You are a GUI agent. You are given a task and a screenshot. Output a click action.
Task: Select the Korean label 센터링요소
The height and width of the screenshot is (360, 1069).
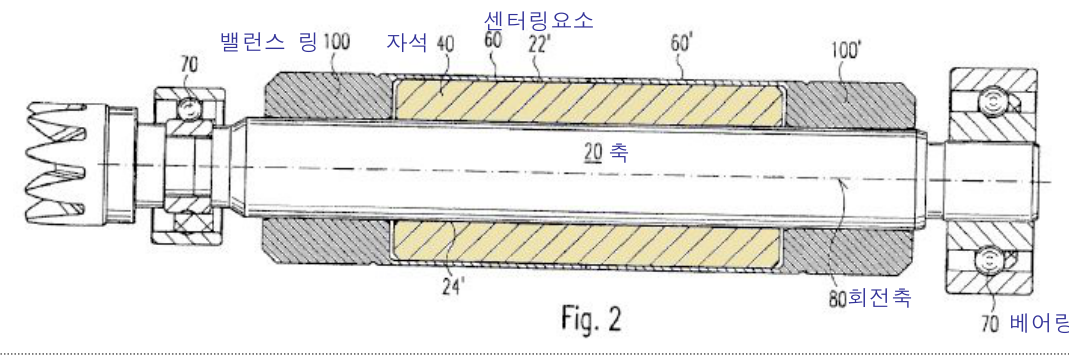pos(538,20)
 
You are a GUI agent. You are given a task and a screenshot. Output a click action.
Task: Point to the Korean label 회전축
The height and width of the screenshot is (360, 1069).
pos(879,298)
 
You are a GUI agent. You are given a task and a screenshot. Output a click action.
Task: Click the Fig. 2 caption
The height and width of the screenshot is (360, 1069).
pos(590,318)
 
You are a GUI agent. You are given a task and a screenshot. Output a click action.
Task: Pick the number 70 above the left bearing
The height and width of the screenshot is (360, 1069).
pos(190,65)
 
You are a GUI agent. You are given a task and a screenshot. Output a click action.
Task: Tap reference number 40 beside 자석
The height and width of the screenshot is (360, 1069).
pos(444,44)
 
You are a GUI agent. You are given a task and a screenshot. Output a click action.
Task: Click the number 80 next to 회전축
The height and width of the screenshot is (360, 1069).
pos(838,298)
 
